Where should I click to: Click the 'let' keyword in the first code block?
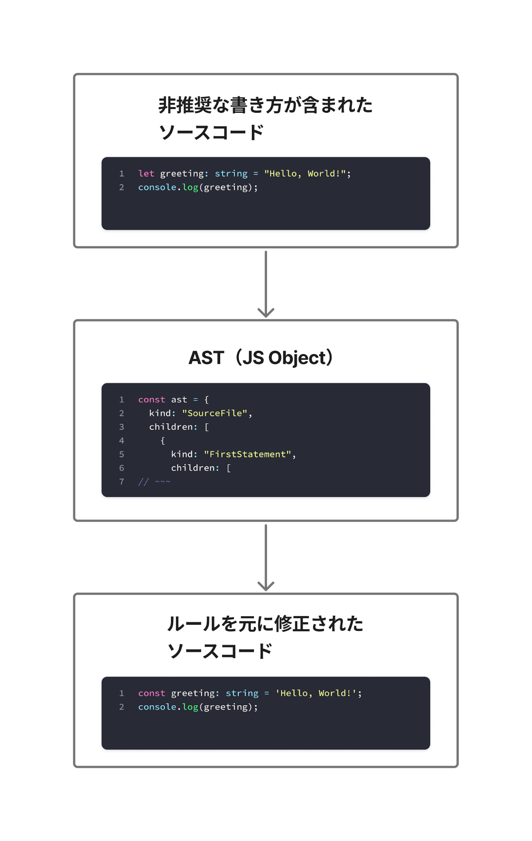point(146,173)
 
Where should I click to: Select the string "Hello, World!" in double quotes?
point(305,173)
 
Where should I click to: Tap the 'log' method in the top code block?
point(190,187)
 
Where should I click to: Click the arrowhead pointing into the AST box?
point(266,312)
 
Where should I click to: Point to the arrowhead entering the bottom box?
point(266,586)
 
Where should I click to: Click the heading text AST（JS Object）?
point(261,358)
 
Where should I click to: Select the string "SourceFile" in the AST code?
point(214,413)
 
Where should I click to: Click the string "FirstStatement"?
point(247,454)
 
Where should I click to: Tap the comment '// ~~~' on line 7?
point(154,482)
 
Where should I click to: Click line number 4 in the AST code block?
point(121,440)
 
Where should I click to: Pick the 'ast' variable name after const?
point(179,400)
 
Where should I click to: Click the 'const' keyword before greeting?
point(152,693)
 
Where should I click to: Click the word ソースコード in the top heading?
point(211,132)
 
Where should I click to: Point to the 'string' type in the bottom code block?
point(242,693)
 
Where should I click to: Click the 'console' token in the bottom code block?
point(157,707)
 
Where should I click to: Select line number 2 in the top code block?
point(121,187)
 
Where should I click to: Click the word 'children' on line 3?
point(171,427)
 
